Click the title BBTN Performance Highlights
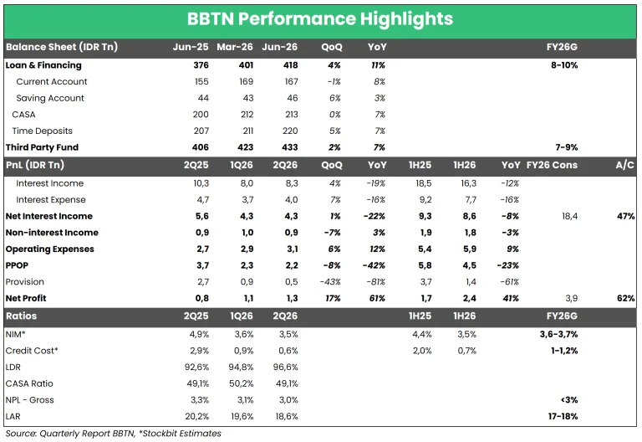[x=320, y=19]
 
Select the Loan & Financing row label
[x=43, y=65]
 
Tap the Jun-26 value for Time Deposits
[x=290, y=131]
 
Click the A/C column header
[x=624, y=165]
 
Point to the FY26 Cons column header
[x=552, y=165]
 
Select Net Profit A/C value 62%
[x=625, y=298]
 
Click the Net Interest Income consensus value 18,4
[x=569, y=216]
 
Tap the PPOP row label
[x=17, y=265]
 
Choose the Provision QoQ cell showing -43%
[x=330, y=281]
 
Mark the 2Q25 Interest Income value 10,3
[x=201, y=183]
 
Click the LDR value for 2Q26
[x=285, y=367]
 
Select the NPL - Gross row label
[x=29, y=400]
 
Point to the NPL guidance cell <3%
[x=569, y=400]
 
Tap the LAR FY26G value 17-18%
[x=563, y=416]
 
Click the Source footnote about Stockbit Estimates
[x=114, y=434]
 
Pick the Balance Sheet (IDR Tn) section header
[x=61, y=47]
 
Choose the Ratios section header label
[x=21, y=316]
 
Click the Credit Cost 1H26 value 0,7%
[x=466, y=351]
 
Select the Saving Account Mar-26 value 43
[x=247, y=98]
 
